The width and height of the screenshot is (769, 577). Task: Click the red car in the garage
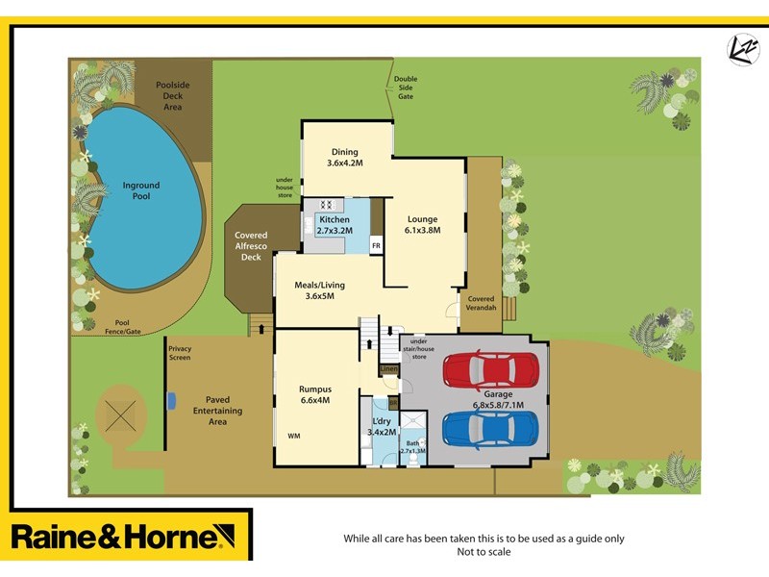coord(490,369)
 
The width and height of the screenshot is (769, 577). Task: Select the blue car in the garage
coord(490,428)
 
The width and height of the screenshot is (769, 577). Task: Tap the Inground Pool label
coord(141,190)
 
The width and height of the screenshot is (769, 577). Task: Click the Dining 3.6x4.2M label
coord(344,157)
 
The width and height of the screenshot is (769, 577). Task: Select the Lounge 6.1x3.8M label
coord(422,224)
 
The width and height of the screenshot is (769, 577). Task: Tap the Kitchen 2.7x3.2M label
coord(335,225)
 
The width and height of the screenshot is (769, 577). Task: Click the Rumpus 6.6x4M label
coord(314,394)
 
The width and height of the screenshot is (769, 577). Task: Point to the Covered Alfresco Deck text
coord(251,246)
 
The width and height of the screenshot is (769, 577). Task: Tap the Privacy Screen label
coord(180,353)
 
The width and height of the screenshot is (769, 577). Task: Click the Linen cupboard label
coord(388,368)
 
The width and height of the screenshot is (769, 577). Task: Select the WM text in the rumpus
coord(293,436)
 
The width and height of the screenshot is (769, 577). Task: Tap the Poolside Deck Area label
coord(173,96)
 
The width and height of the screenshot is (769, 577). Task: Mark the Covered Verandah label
coord(481,303)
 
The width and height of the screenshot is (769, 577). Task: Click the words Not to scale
coord(484,552)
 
